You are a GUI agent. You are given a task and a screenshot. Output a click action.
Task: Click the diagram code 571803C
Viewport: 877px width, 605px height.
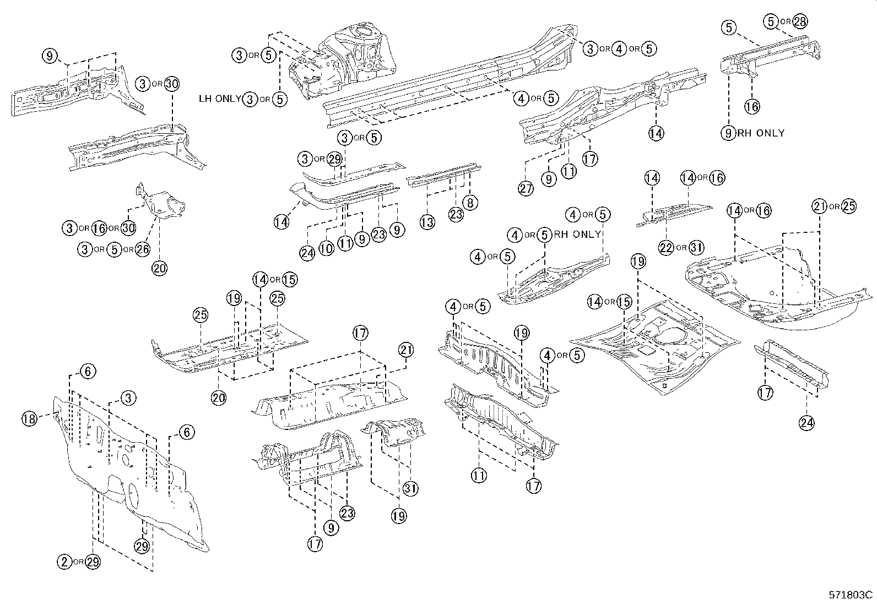pyautogui.click(x=851, y=595)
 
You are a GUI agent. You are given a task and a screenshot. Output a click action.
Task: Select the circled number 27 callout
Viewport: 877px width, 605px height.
pyautogui.click(x=526, y=188)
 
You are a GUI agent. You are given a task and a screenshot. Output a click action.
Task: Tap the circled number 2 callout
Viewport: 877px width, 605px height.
pyautogui.click(x=65, y=562)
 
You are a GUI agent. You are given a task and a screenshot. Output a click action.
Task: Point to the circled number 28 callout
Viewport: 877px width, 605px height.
pyautogui.click(x=800, y=21)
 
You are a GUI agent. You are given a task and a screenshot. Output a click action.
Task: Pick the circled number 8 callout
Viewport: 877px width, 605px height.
pyautogui.click(x=470, y=203)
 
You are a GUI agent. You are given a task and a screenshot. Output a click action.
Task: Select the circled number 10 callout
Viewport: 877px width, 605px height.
pyautogui.click(x=327, y=248)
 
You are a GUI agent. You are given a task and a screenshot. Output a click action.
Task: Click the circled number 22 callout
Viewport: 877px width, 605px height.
pyautogui.click(x=667, y=248)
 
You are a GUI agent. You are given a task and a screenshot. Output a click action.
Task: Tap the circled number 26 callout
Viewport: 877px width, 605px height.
pyautogui.click(x=142, y=249)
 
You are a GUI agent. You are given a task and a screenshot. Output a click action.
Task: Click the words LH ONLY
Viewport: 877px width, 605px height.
pyautogui.click(x=220, y=99)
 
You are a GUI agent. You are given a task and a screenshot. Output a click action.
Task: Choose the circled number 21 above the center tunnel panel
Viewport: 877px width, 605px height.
pyautogui.click(x=406, y=350)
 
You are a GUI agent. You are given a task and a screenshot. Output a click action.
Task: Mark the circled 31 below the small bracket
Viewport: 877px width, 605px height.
pyautogui.click(x=410, y=488)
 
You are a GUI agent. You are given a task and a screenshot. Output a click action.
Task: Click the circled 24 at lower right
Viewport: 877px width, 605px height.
pyautogui.click(x=807, y=422)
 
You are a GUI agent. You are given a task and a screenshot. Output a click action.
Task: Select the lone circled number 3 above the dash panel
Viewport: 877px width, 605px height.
pyautogui.click(x=128, y=397)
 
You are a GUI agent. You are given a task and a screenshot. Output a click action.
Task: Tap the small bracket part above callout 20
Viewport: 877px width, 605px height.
pyautogui.click(x=161, y=204)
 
